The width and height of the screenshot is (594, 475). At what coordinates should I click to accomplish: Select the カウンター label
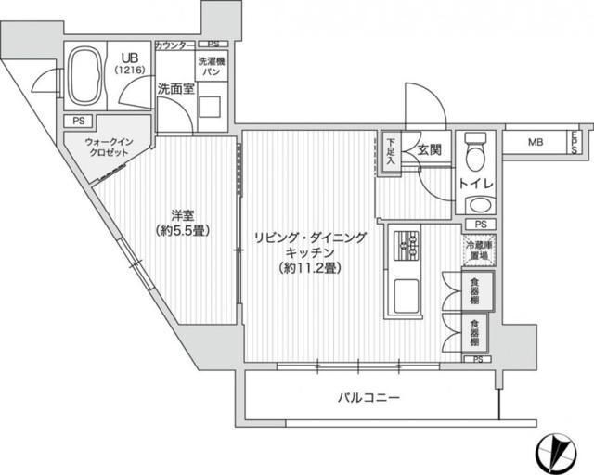[174, 45]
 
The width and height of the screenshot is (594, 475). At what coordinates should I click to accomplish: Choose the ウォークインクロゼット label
[109, 148]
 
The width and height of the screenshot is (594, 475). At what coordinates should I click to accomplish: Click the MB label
[535, 142]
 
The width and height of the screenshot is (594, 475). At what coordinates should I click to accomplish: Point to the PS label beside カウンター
[213, 45]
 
